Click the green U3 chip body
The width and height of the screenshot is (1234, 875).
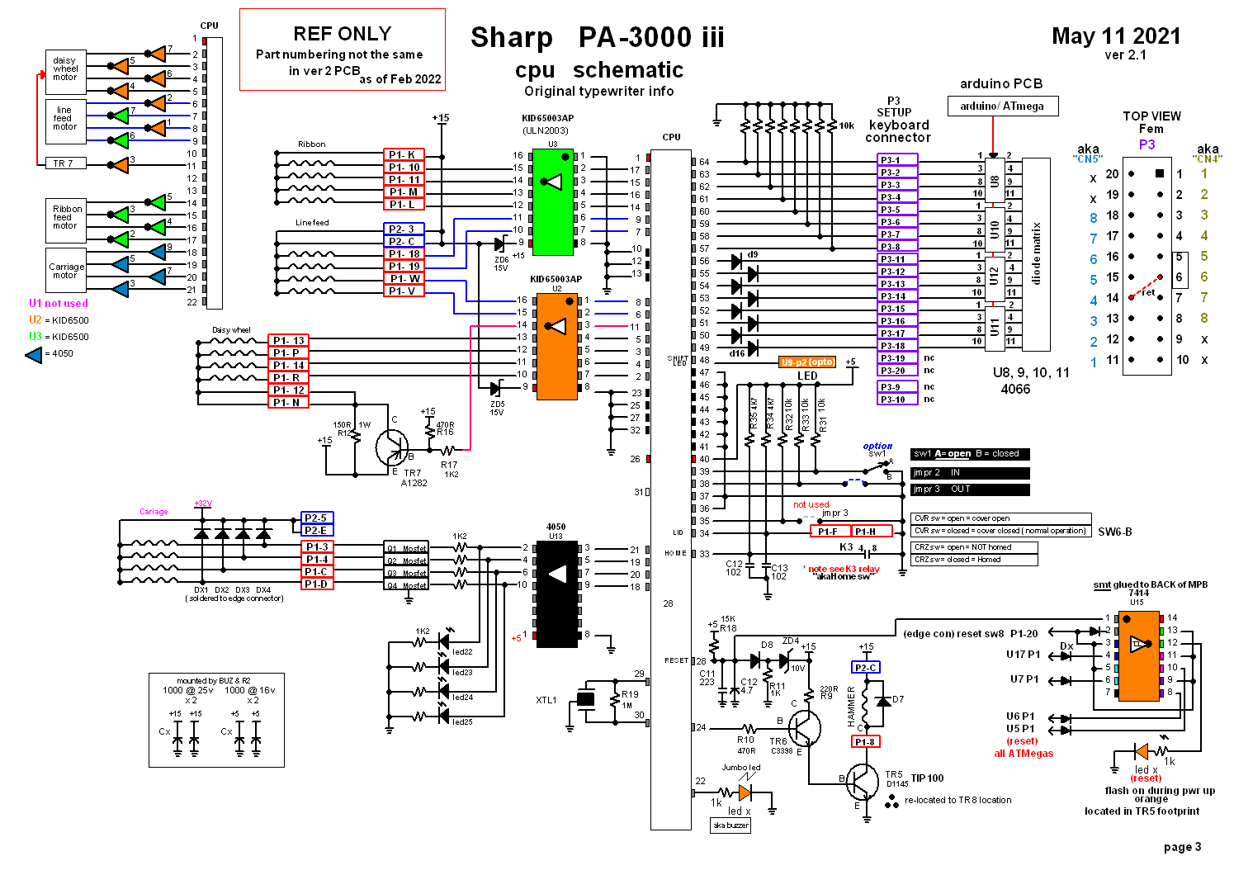pos(552,202)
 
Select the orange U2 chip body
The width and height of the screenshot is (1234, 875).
pos(557,347)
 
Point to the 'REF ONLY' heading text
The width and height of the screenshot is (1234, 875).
pos(342,34)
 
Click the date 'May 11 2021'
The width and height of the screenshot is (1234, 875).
pos(1116,36)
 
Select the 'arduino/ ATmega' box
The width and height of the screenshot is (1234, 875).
pos(1002,106)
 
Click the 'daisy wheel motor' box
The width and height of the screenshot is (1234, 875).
pos(65,69)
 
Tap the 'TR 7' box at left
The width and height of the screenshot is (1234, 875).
pos(64,163)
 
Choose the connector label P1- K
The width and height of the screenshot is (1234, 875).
pos(404,154)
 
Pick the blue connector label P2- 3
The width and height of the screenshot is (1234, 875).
pos(404,229)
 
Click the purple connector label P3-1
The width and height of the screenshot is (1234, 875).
pos(896,160)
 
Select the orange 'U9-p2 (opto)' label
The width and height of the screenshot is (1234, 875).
pos(807,362)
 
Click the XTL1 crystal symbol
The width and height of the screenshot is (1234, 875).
pos(585,699)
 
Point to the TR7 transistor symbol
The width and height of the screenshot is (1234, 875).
pos(390,447)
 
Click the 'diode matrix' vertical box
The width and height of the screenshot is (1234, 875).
pos(1036,254)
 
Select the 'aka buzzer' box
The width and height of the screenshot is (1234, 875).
pos(730,825)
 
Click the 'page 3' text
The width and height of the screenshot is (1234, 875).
pos(1182,846)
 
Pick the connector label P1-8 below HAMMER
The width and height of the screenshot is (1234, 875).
pos(865,741)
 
